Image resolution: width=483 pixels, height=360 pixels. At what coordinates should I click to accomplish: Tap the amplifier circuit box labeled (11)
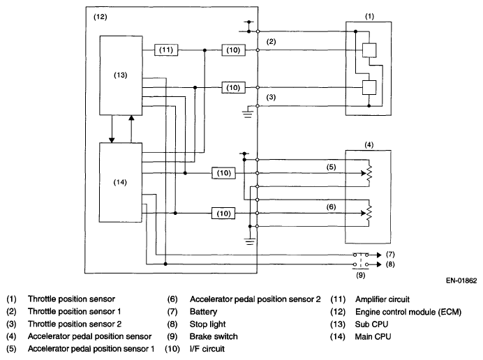pos(166,50)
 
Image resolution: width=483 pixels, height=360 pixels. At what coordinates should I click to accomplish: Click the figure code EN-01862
pos(461,280)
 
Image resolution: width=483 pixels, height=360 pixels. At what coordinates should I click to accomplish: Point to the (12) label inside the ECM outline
pos(100,17)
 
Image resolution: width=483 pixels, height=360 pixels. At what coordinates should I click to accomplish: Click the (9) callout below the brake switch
pos(361,275)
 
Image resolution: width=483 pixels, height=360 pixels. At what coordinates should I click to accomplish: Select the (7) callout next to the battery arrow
pos(390,255)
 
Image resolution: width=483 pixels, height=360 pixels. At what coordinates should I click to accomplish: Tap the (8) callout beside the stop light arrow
pos(390,264)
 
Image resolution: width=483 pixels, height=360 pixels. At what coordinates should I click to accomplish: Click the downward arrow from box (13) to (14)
pos(112,129)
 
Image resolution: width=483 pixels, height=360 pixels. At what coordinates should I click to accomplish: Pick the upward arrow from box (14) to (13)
pos(131,129)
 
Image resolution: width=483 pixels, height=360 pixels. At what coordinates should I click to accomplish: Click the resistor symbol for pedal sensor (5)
pos(369,173)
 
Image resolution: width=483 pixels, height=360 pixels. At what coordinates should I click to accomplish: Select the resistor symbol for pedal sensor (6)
pos(369,213)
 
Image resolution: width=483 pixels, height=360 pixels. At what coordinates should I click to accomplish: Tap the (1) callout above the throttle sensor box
pos(369,16)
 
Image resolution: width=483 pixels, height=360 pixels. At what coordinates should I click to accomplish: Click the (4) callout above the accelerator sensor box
pos(369,144)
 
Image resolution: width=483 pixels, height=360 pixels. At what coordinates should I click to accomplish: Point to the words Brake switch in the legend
pos(214,336)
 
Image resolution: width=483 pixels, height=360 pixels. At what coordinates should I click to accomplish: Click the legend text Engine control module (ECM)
pos(408,312)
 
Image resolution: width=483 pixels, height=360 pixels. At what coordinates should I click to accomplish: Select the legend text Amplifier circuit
pos(382,299)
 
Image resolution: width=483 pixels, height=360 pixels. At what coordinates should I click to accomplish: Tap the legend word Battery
pos(203,312)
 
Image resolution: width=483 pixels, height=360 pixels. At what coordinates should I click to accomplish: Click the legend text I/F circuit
pos(207,349)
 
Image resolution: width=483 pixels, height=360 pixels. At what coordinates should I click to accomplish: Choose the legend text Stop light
pos(207,324)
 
